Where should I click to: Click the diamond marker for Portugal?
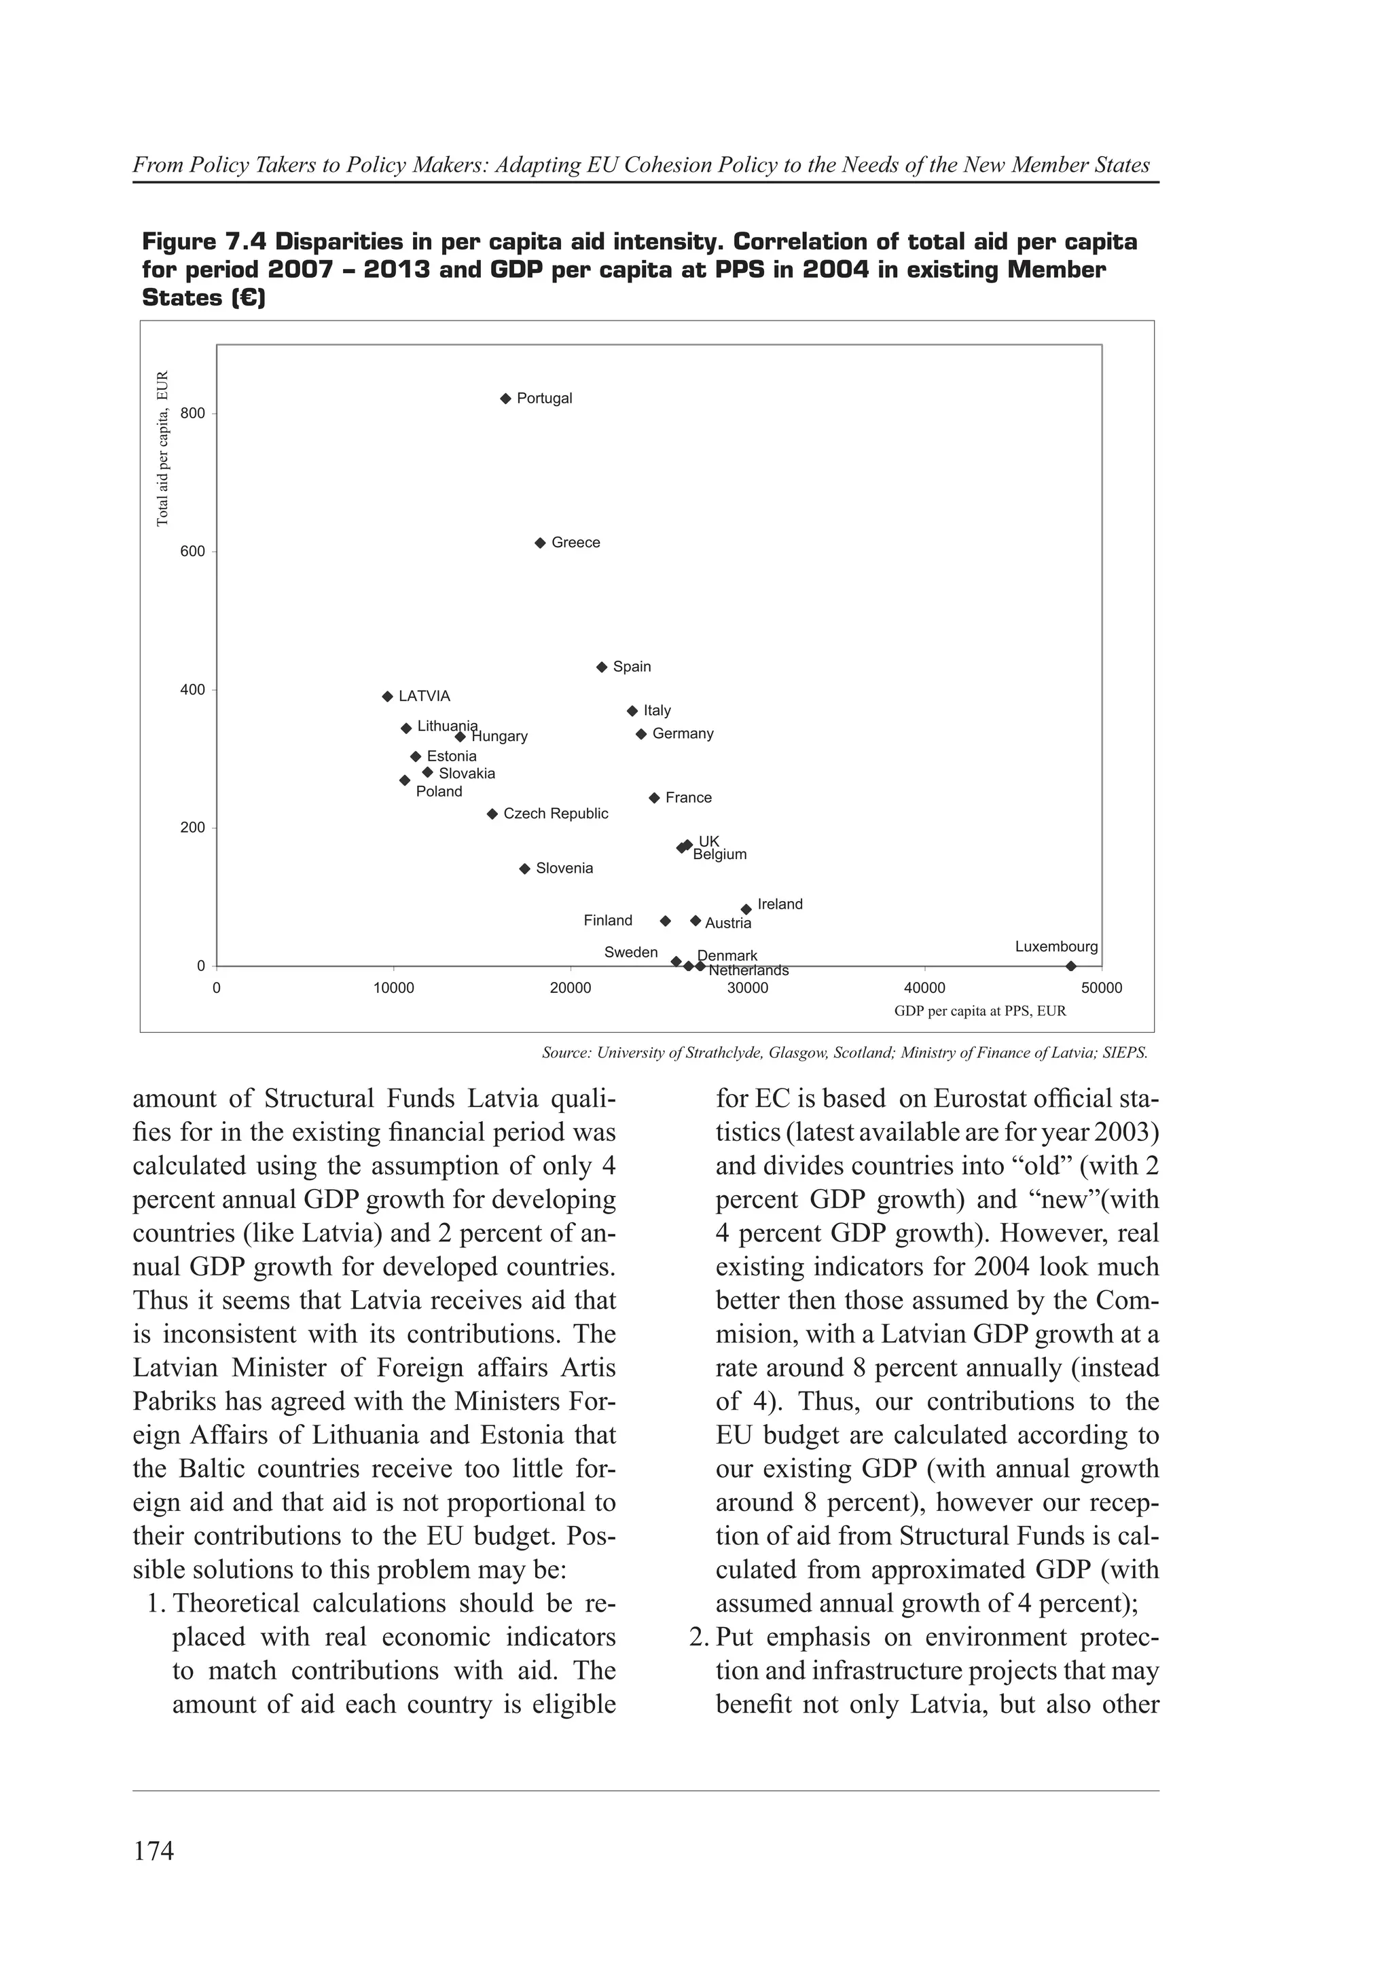pyautogui.click(x=505, y=399)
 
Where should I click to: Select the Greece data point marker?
pyautogui.click(x=540, y=543)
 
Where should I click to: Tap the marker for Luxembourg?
pyautogui.click(x=1070, y=966)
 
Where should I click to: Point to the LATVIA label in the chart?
pyautogui.click(x=424, y=696)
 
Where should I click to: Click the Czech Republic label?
pyautogui.click(x=556, y=814)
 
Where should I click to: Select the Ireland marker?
pyautogui.click(x=746, y=909)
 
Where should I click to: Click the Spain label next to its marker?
pyautogui.click(x=632, y=667)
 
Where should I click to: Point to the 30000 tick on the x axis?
pyautogui.click(x=747, y=988)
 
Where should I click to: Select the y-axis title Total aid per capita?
pyautogui.click(x=163, y=448)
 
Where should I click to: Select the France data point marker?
pyautogui.click(x=655, y=798)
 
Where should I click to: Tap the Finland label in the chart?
pyautogui.click(x=608, y=921)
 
